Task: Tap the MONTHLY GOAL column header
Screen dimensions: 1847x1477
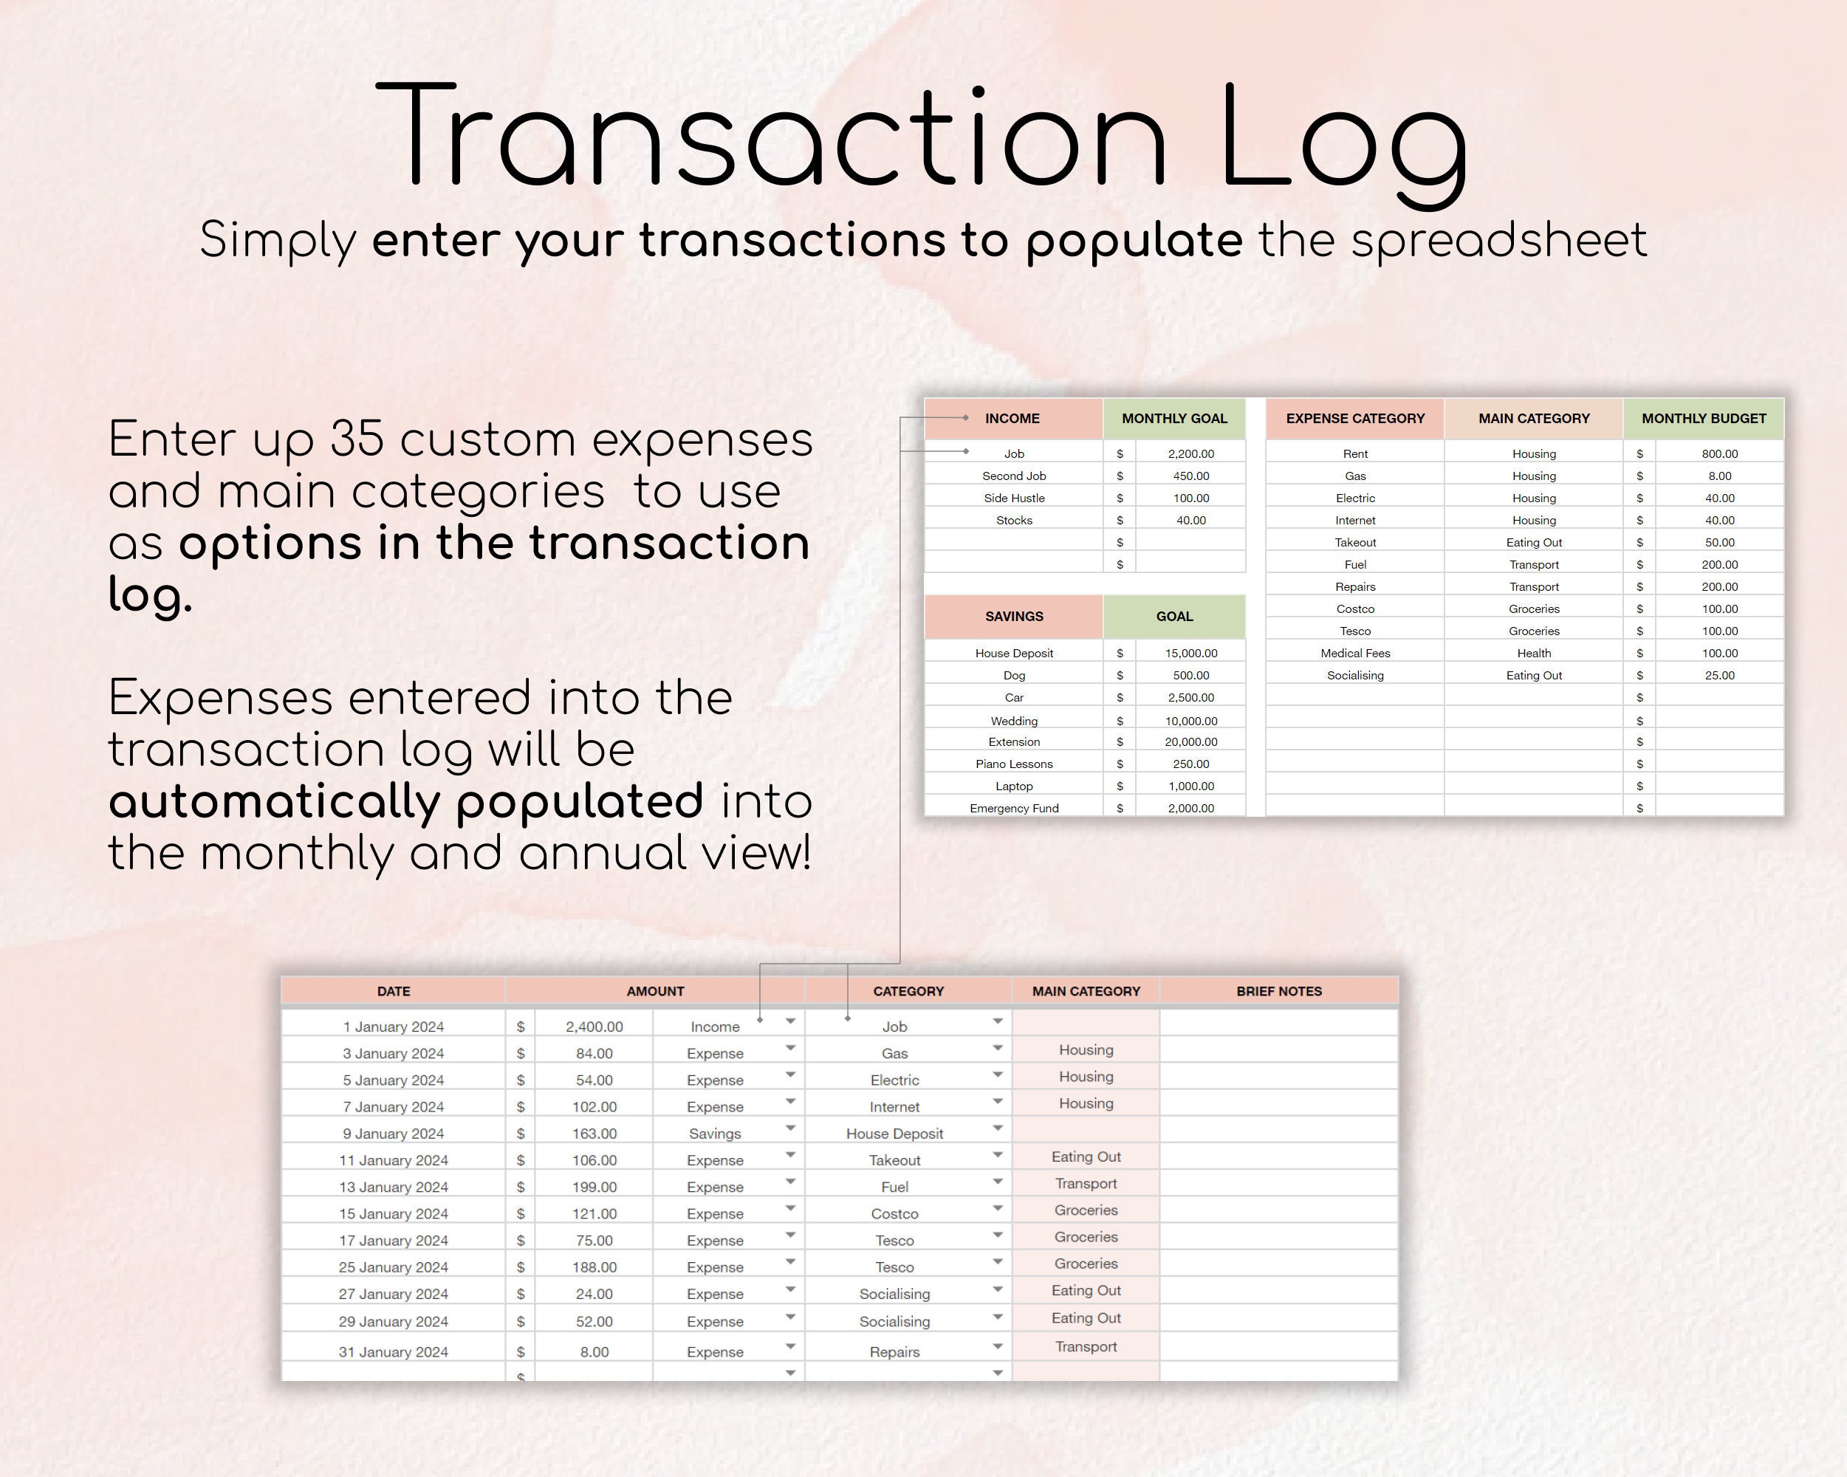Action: [1174, 418]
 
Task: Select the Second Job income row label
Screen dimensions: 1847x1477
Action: [1014, 476]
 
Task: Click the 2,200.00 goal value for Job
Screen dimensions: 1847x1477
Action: [1190, 453]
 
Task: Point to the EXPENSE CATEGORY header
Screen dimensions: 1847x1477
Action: [1355, 418]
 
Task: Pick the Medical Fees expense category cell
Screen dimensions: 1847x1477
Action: [1355, 653]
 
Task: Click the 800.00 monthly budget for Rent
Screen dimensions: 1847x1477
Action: [1719, 453]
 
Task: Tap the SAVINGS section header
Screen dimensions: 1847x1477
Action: [1013, 616]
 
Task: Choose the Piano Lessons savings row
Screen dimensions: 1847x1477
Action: [1014, 764]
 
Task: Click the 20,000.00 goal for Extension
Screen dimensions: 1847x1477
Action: [1190, 741]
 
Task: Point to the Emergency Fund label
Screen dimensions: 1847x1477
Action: [1014, 808]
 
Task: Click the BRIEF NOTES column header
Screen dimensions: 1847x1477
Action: [1279, 991]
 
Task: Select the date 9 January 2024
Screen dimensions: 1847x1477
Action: [393, 1134]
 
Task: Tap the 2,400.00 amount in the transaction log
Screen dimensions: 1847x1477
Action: [594, 1027]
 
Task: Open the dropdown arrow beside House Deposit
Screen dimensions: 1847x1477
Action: [998, 1128]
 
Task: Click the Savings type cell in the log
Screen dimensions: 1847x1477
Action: [716, 1134]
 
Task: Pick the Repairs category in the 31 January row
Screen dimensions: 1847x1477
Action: [894, 1352]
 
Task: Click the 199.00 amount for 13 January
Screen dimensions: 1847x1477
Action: [594, 1187]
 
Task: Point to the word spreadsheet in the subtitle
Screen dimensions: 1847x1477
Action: [1498, 241]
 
